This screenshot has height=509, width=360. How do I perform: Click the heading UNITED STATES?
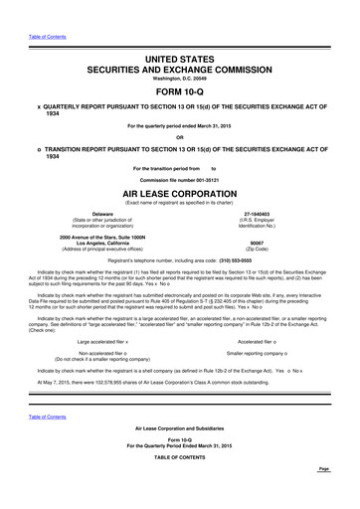179,61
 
